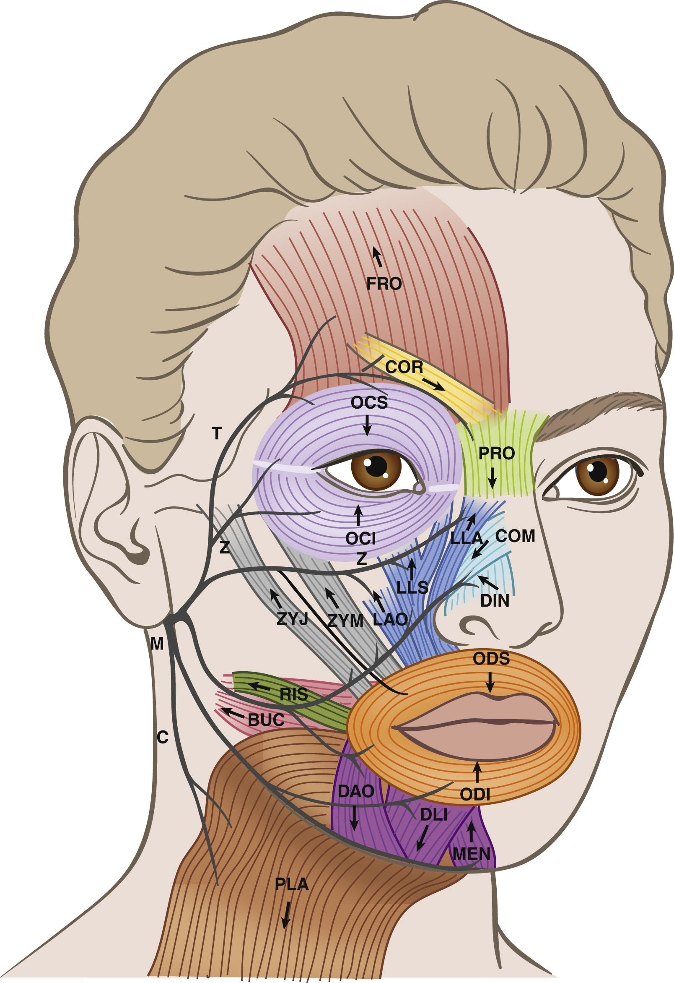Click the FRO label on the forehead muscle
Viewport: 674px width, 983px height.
(x=384, y=283)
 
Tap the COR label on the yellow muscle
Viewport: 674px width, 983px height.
(x=404, y=367)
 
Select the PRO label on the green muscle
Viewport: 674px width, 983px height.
(x=497, y=454)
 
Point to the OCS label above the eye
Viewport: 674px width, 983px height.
(x=369, y=403)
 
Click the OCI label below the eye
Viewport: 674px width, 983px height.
(x=360, y=538)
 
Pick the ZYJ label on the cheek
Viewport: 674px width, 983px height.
(x=293, y=619)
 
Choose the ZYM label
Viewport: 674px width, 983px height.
(x=345, y=621)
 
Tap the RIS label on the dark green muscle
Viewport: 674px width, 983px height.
(x=294, y=694)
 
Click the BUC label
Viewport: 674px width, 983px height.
(x=266, y=720)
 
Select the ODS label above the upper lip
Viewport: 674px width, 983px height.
(x=491, y=659)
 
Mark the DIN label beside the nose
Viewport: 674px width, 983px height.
(x=495, y=601)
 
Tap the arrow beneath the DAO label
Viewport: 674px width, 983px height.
(x=354, y=818)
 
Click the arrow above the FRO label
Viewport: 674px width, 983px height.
(x=377, y=257)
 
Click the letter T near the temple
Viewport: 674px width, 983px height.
(x=217, y=433)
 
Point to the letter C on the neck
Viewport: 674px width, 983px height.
(x=163, y=737)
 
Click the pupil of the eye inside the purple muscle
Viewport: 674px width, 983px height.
(x=376, y=466)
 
